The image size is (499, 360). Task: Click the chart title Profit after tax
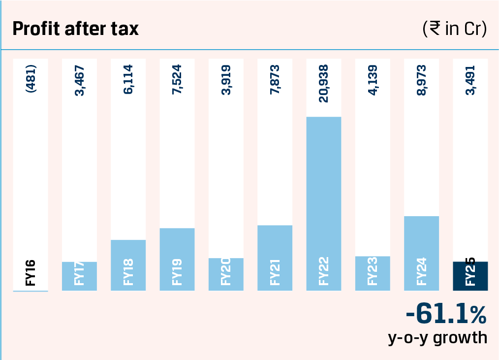75,29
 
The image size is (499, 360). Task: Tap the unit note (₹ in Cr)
454,29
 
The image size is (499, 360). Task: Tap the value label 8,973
421,80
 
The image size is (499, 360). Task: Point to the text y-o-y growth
437,338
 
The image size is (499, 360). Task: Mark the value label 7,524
177,80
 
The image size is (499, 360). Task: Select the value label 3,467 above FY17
80,80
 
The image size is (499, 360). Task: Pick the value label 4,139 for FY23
373,80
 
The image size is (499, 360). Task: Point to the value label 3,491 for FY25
470,80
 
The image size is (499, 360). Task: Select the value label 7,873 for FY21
275,80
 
